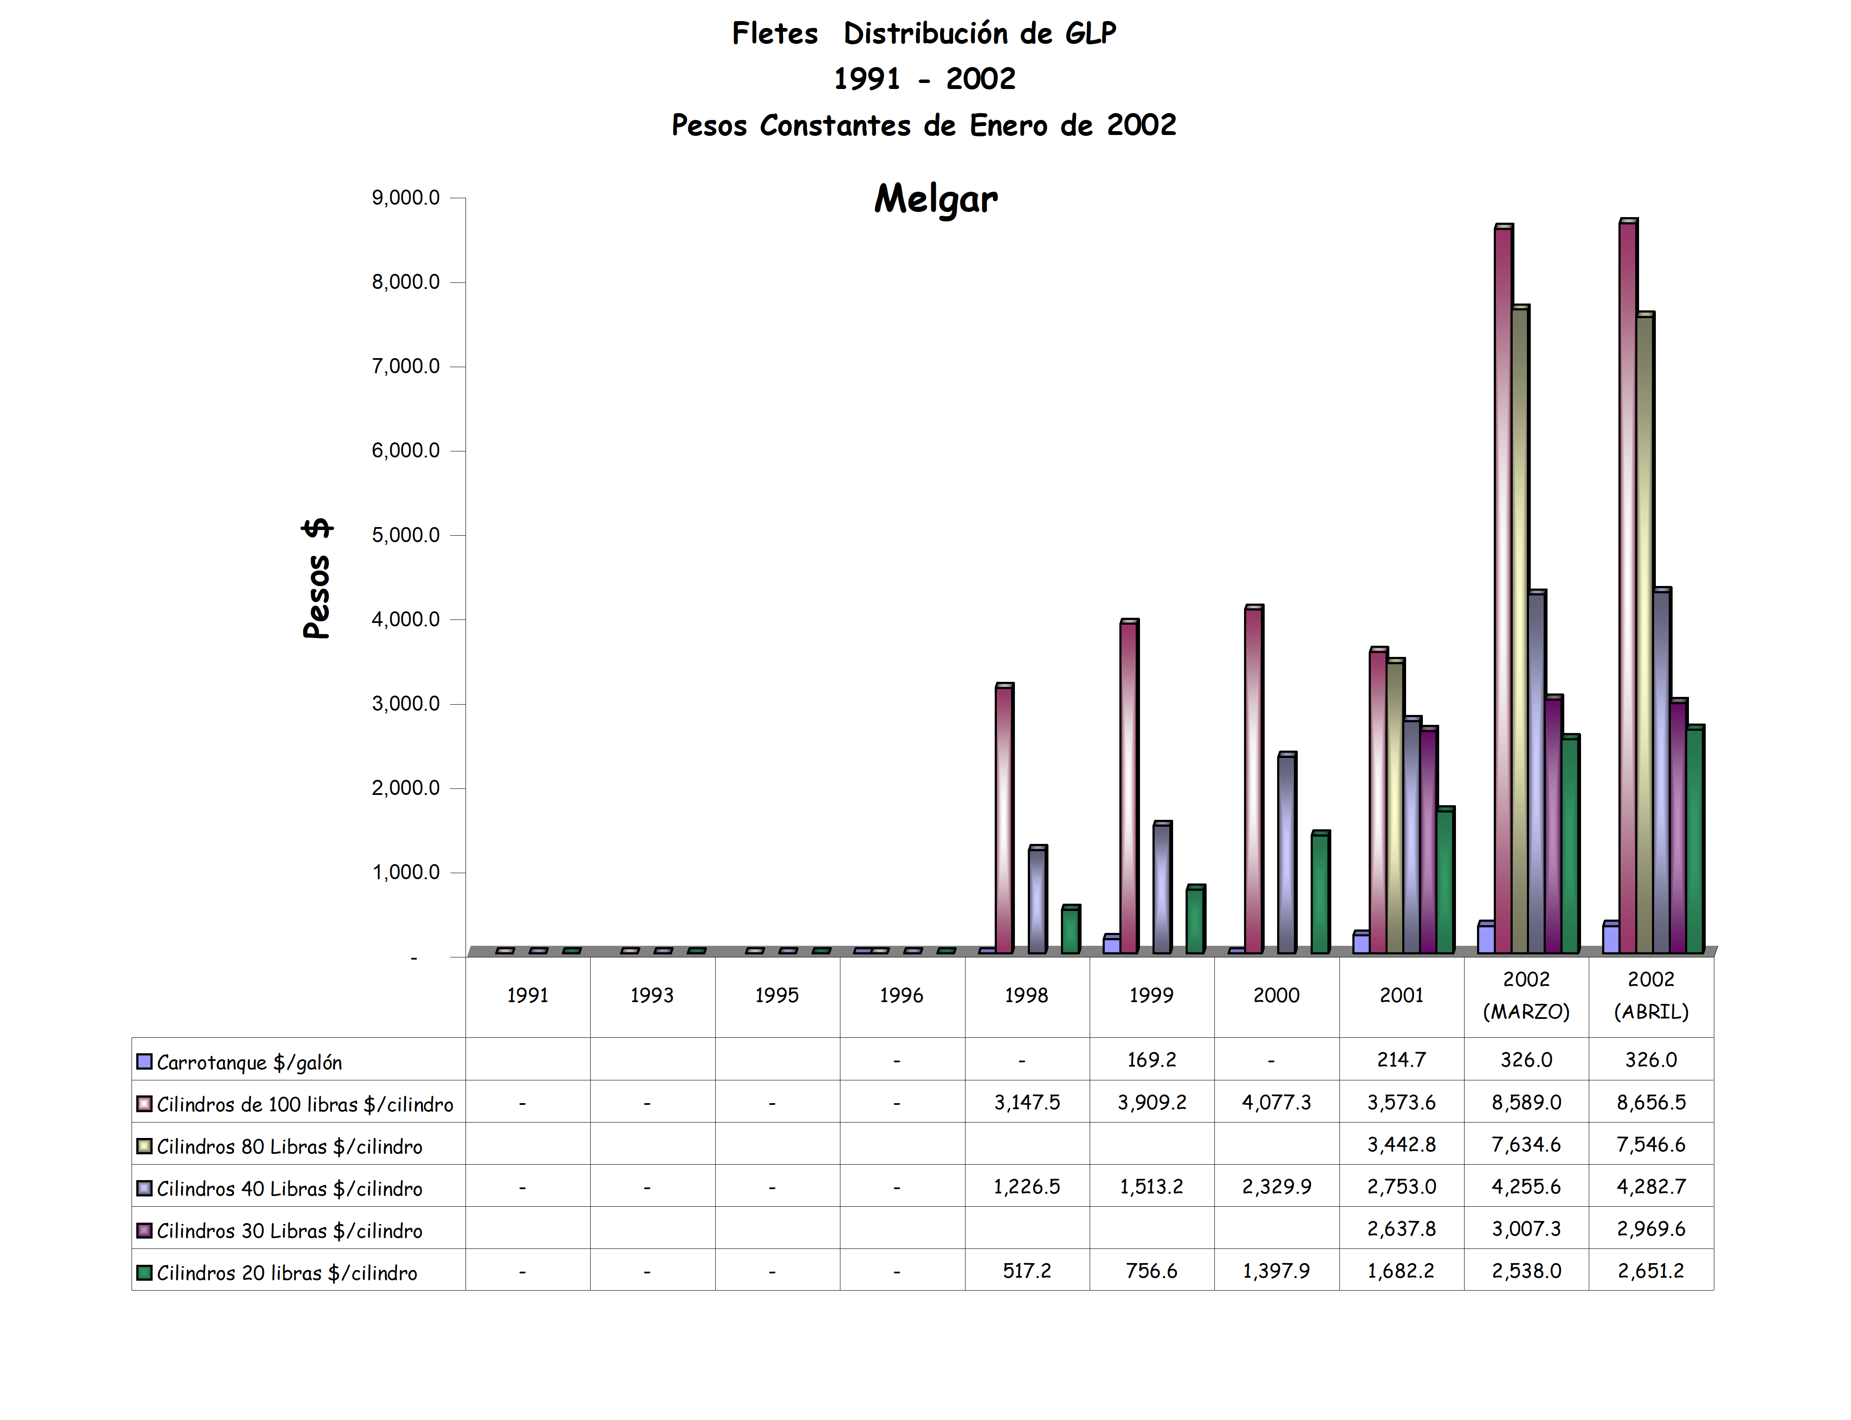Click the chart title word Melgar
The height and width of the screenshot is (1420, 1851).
click(936, 199)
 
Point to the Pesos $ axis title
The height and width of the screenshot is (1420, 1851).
click(317, 579)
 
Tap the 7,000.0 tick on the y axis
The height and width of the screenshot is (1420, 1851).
click(406, 366)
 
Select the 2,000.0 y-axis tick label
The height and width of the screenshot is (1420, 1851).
click(406, 788)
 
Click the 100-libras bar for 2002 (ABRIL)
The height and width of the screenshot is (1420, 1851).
click(1627, 583)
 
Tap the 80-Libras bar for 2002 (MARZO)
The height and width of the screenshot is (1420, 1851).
click(1519, 630)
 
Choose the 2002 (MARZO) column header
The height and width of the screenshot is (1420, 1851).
click(1526, 996)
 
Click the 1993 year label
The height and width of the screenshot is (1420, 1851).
click(652, 996)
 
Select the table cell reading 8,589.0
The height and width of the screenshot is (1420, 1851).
click(1526, 1102)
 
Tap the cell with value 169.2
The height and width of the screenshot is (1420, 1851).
click(1151, 1060)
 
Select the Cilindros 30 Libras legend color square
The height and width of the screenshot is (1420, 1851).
click(144, 1230)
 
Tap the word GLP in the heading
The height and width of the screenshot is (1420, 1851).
click(1090, 34)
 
